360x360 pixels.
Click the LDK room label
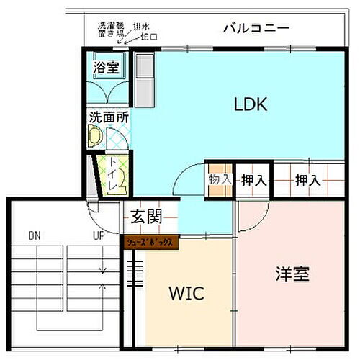[x=250, y=104]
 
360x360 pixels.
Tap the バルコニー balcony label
[x=256, y=30]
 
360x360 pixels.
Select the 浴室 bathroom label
[x=106, y=69]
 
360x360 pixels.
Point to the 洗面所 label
[x=106, y=116]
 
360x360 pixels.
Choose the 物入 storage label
[x=220, y=179]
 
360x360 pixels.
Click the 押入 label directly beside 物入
[x=251, y=180]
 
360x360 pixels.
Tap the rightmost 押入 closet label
[x=307, y=180]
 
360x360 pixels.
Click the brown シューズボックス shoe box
[x=150, y=242]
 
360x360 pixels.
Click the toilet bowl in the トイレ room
[x=122, y=176]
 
